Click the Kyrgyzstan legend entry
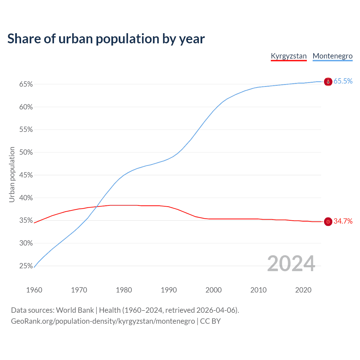coord(289,56)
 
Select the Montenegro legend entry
coord(332,56)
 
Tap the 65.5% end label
coord(343,81)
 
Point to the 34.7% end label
coord(343,221)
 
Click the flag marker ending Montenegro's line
coord(328,82)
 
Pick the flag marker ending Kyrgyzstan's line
coord(328,222)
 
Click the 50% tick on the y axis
coord(26,152)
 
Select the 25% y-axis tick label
coord(26,266)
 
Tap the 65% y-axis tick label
coord(26,84)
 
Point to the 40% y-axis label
coord(26,198)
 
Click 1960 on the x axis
coord(34,290)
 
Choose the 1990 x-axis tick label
coord(169,290)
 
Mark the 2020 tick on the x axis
coord(303,290)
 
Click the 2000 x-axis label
coord(213,290)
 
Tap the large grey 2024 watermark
coord(291,264)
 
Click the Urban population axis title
coord(12,174)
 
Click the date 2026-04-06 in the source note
coord(216,310)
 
